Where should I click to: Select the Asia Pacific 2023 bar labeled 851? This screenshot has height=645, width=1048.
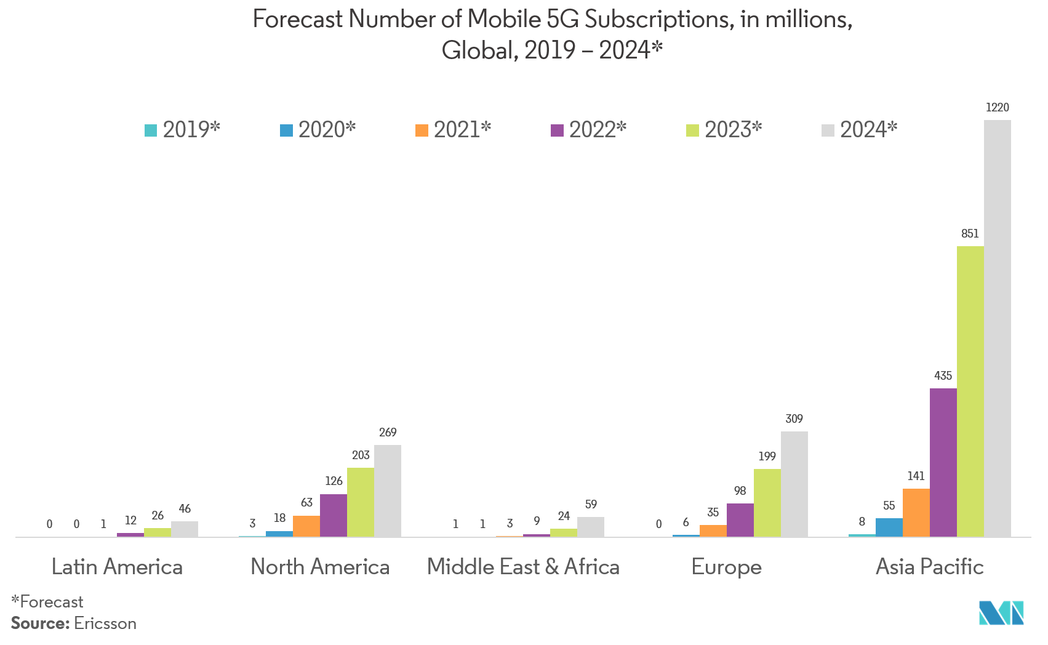(970, 391)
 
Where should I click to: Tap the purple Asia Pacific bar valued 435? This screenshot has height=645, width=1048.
(943, 462)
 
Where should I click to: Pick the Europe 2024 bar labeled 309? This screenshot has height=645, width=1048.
(794, 484)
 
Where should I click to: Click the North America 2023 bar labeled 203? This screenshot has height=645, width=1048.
(361, 502)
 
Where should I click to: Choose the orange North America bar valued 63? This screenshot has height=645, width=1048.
(306, 526)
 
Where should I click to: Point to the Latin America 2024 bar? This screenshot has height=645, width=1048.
(185, 529)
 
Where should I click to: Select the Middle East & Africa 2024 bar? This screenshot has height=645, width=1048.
(591, 527)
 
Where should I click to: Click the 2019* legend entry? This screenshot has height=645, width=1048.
(182, 130)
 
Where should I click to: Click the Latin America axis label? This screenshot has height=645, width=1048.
(117, 567)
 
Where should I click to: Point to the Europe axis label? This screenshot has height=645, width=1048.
(726, 567)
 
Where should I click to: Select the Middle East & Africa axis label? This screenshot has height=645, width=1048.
(523, 567)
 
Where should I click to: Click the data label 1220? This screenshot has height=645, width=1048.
(997, 108)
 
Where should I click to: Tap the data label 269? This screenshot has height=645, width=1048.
(388, 433)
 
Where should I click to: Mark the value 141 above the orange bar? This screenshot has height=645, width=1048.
(916, 476)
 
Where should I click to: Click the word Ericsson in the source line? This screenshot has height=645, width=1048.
(105, 623)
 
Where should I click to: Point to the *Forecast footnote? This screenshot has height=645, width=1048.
(47, 602)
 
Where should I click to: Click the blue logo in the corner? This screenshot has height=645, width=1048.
(1002, 613)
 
